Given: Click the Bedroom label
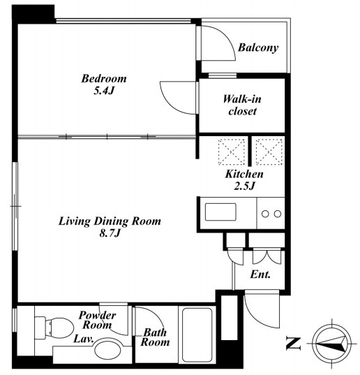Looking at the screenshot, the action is (x=104, y=79).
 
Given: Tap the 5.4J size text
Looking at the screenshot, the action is (x=104, y=91).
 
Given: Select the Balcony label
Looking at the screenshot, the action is (x=258, y=47).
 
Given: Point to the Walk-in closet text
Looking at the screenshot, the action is (x=242, y=105).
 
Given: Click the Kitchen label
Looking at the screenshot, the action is (x=244, y=174).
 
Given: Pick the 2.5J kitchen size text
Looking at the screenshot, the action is (x=244, y=186).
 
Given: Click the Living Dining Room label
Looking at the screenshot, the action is (x=110, y=221).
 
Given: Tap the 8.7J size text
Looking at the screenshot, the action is (x=110, y=233).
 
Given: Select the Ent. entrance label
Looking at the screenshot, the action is (x=260, y=274).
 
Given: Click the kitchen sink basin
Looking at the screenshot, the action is (x=220, y=212).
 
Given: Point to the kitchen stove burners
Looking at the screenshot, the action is (x=271, y=214).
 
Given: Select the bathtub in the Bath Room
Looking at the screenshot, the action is (x=197, y=335).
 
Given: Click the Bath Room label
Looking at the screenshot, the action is (x=156, y=337).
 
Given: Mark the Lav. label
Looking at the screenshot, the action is (x=83, y=339).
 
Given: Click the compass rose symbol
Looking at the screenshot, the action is (x=332, y=344).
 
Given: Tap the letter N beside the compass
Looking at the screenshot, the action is (x=293, y=344).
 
